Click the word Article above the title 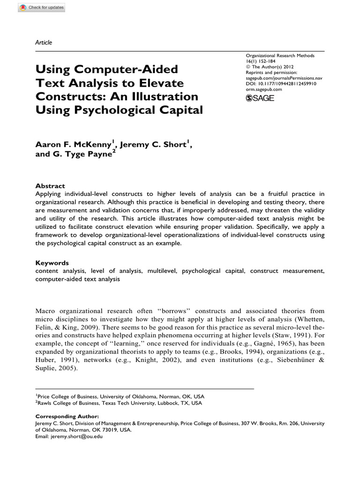44,43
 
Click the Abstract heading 50,186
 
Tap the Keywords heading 52,263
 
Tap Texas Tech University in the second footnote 123,403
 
